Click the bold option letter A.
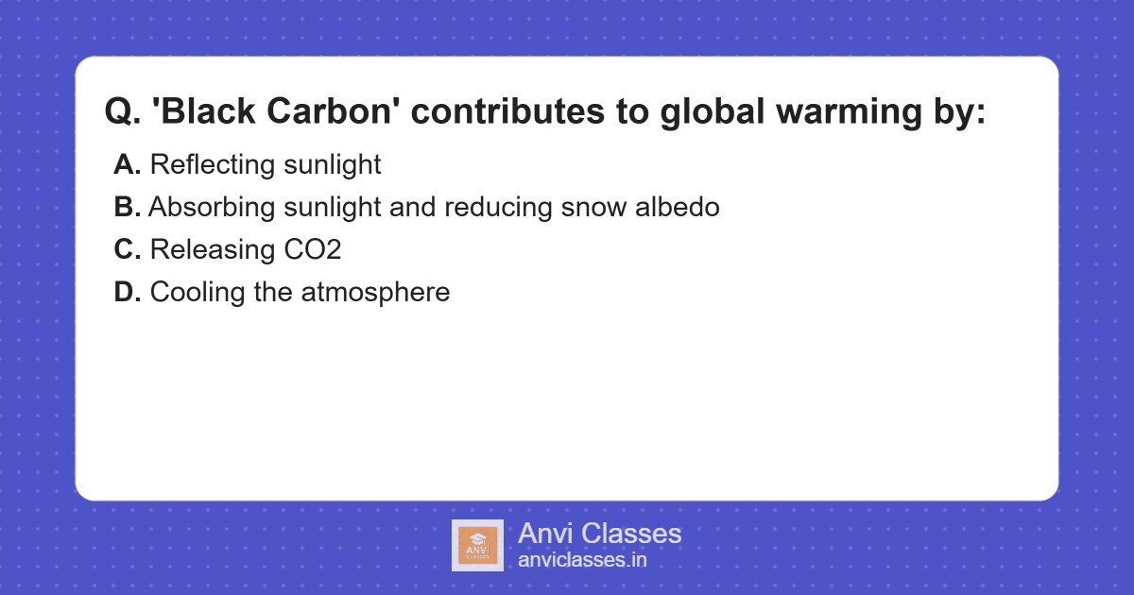coord(127,165)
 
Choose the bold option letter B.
coord(127,208)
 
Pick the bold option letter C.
coord(127,250)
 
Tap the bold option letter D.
coord(127,293)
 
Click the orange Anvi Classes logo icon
coord(477,545)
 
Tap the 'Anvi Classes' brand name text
coord(599,534)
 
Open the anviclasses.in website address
coord(582,560)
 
